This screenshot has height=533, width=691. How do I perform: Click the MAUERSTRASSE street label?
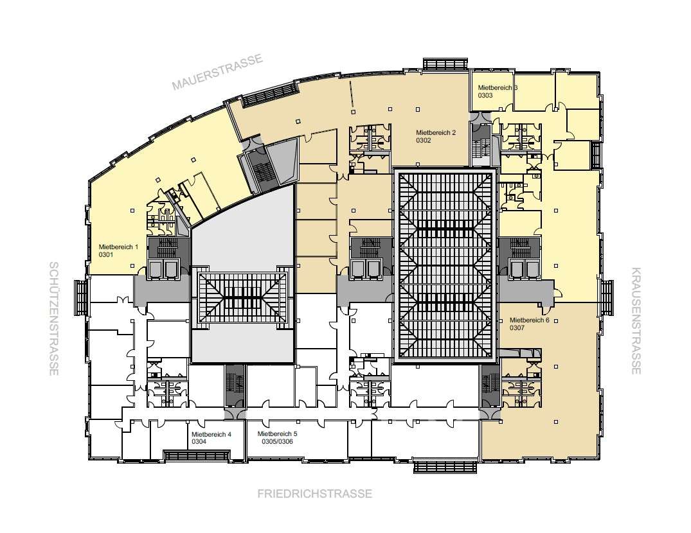(x=217, y=71)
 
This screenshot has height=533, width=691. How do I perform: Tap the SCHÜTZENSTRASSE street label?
(x=54, y=319)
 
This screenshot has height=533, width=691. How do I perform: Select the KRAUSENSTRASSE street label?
(x=636, y=320)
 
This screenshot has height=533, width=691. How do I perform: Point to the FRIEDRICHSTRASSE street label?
(x=315, y=493)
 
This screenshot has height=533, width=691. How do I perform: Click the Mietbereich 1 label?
(x=118, y=247)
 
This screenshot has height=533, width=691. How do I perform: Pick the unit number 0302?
(x=424, y=141)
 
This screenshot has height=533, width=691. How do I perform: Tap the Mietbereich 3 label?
(x=498, y=87)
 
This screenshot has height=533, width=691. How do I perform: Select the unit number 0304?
(x=199, y=442)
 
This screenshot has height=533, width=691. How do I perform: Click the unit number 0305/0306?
(x=277, y=441)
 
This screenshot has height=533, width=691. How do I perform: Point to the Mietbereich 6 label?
(x=529, y=320)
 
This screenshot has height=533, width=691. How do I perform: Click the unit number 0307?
(x=517, y=328)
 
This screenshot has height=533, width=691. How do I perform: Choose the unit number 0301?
(x=106, y=254)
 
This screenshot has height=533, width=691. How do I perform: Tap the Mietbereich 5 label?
(x=277, y=433)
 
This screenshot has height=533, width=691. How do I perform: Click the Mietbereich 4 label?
(x=211, y=434)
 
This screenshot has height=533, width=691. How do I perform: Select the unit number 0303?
(x=485, y=95)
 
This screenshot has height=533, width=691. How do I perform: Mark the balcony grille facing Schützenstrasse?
(x=82, y=297)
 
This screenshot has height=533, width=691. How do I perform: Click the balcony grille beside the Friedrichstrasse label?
(x=445, y=467)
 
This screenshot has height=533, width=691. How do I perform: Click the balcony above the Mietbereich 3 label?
(x=445, y=64)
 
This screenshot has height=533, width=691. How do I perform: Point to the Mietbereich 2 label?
(x=436, y=132)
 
